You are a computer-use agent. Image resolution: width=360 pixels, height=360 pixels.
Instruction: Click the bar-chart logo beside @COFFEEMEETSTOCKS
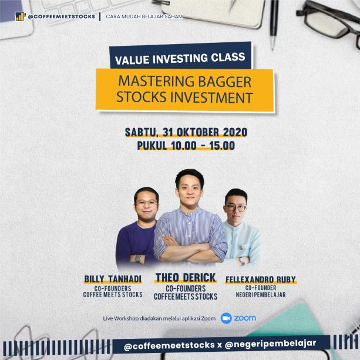(x=20, y=16)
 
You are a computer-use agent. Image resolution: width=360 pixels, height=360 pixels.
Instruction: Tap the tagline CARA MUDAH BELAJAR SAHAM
(x=144, y=16)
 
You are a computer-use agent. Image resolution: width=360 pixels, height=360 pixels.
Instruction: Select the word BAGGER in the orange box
(x=224, y=82)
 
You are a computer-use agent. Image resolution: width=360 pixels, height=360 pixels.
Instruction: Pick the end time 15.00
(x=222, y=146)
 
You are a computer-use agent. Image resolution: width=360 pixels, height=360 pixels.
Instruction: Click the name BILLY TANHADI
(x=113, y=279)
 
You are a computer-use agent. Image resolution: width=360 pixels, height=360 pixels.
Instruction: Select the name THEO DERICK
(x=186, y=278)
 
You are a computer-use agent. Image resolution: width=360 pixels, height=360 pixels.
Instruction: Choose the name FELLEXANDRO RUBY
(x=261, y=280)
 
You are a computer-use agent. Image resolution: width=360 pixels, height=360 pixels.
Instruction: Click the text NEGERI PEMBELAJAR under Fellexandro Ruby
(x=261, y=295)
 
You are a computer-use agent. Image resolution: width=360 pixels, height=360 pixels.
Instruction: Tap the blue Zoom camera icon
(x=226, y=318)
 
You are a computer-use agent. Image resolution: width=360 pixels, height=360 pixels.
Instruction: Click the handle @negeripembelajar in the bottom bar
(x=270, y=344)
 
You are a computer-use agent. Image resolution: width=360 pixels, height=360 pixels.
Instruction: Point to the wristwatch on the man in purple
(x=138, y=258)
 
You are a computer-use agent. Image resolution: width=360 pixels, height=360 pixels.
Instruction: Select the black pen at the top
(x=274, y=25)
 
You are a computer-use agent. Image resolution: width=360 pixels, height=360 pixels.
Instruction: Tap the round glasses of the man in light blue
(x=235, y=208)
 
